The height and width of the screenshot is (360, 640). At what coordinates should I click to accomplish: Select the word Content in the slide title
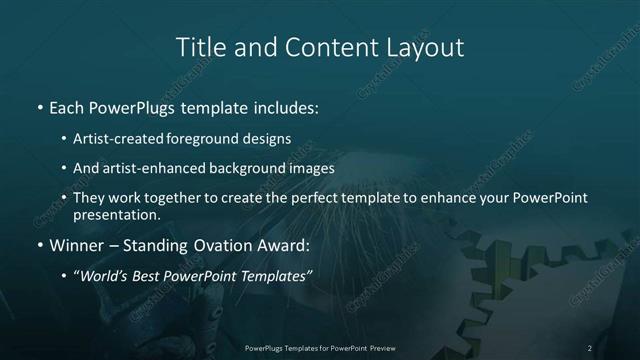(321, 47)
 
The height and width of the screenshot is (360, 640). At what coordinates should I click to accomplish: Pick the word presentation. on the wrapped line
(117, 214)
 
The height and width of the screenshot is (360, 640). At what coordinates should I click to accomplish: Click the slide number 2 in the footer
(590, 348)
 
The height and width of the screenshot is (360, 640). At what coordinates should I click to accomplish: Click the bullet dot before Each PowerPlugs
(39, 106)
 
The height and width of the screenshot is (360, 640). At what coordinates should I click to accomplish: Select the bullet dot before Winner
(39, 246)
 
